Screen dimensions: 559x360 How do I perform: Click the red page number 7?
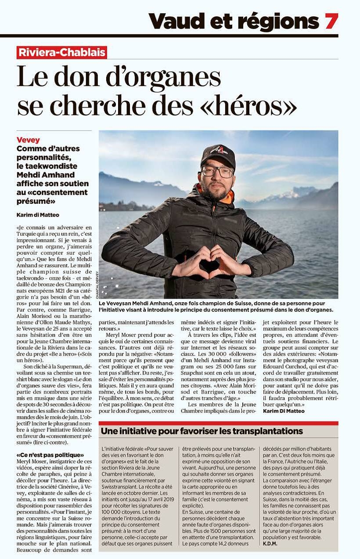coord(331,21)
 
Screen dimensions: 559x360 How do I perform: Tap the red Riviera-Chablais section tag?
coord(62,53)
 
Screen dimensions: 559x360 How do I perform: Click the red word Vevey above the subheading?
coord(28,140)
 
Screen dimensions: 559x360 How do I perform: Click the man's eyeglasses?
coord(217,172)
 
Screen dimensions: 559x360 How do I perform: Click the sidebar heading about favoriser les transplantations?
coord(202,431)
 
